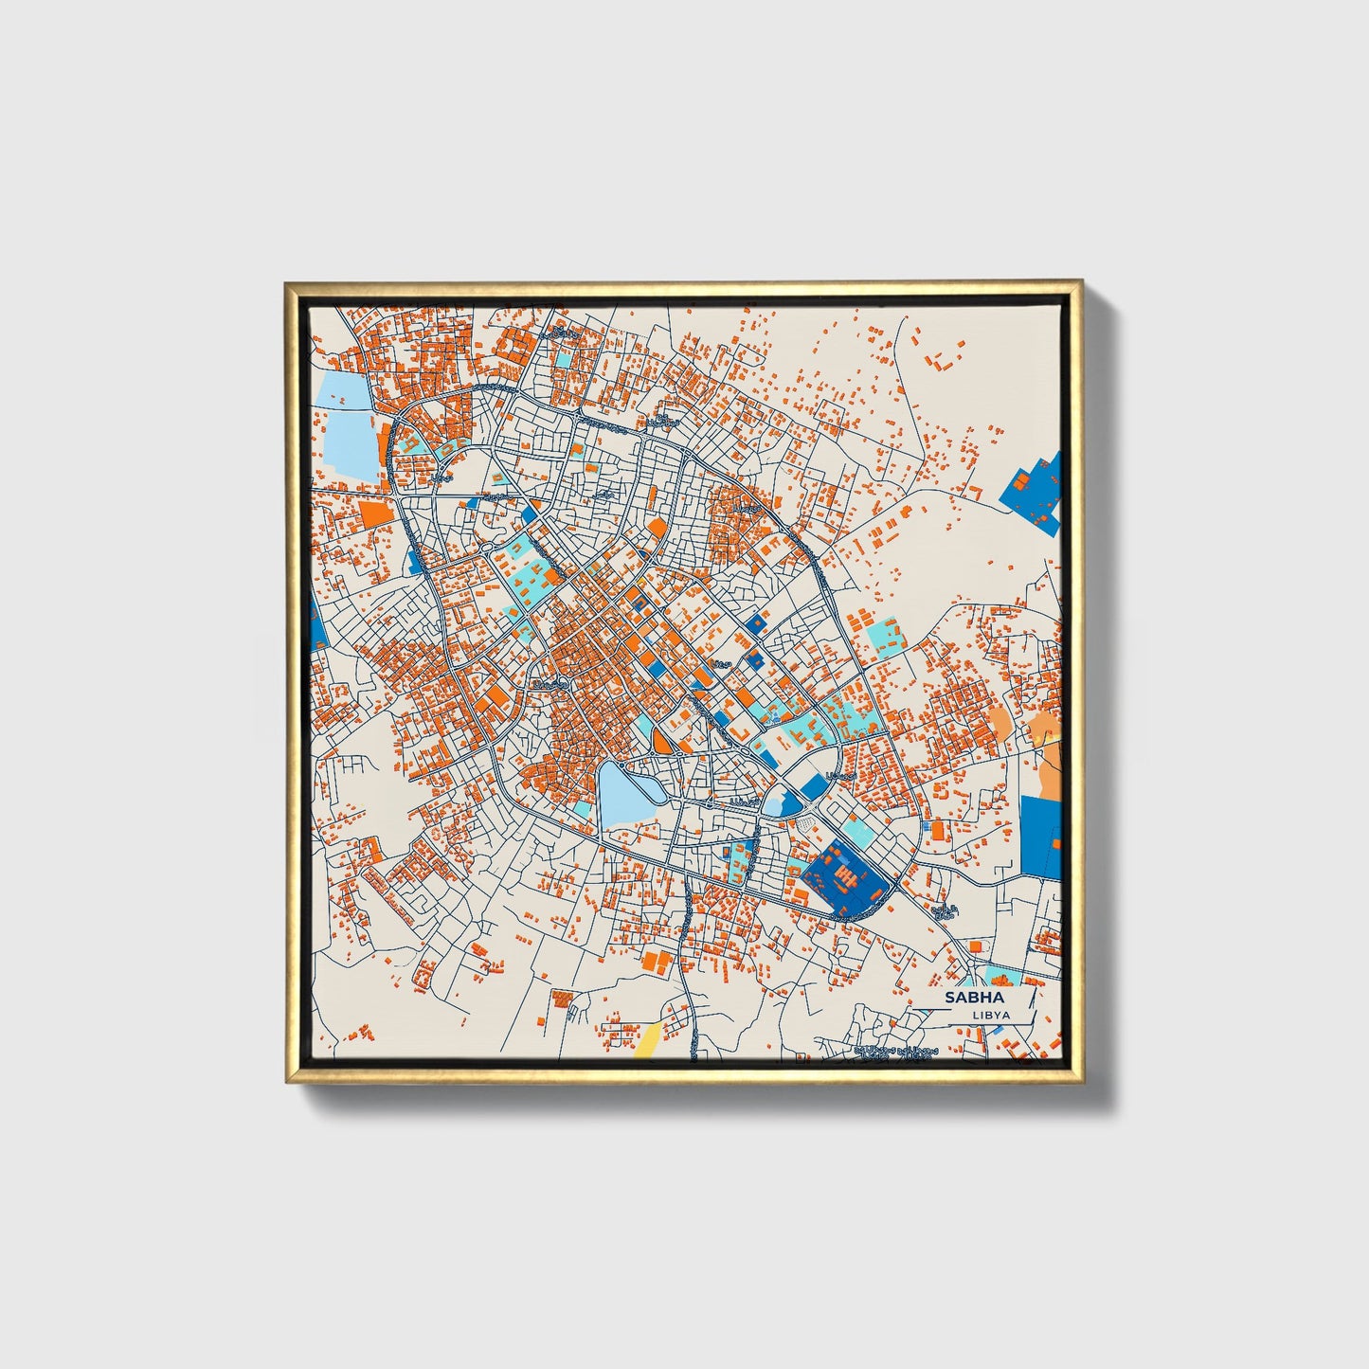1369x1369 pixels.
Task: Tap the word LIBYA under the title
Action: (991, 1015)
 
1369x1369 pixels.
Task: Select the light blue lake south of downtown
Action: (626, 794)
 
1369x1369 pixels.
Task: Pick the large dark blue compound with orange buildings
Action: (846, 877)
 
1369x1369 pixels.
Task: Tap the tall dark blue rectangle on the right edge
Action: (1040, 836)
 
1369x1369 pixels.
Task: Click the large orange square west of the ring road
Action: (375, 513)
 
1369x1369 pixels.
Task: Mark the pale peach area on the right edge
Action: (1050, 767)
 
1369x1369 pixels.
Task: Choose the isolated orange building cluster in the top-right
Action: (940, 361)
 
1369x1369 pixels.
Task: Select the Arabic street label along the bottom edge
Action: (895, 1052)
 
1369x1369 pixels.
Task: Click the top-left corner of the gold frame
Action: (287, 283)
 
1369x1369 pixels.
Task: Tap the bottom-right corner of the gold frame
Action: (1080, 1081)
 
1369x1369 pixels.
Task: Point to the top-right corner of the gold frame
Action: (1080, 283)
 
